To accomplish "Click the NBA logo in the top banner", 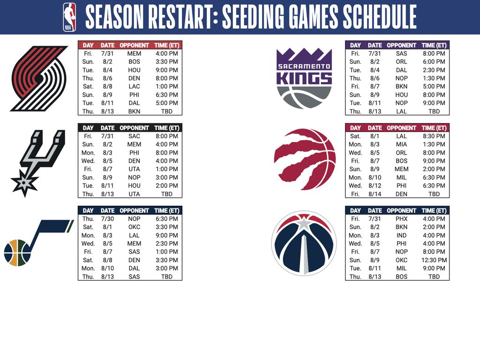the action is [x=69, y=17].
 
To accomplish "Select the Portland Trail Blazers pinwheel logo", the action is [x=39, y=78].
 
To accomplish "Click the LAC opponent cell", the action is [x=134, y=87].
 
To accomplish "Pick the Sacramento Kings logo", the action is [x=304, y=78].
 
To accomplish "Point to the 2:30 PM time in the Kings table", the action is [x=434, y=70].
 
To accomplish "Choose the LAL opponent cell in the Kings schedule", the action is [x=401, y=112].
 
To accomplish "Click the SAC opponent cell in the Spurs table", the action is [x=134, y=136].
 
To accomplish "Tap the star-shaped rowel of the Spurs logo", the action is [x=24, y=182].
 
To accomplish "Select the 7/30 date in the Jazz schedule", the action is [x=107, y=219].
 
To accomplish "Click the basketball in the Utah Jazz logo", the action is [x=17, y=253].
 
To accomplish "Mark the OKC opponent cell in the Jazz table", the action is [x=134, y=227].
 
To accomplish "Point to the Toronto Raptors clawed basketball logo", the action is [x=305, y=159].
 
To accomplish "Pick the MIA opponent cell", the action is [x=401, y=144].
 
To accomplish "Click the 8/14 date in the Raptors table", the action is [x=375, y=194].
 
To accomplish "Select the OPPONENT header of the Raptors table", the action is [x=401, y=128].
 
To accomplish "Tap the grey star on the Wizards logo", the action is [x=304, y=224].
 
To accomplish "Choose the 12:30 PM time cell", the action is [x=434, y=260].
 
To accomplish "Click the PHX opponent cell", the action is [x=401, y=219].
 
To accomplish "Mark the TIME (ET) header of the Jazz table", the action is [x=166, y=210].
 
